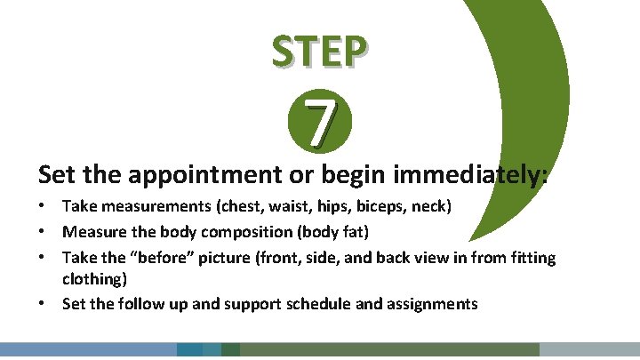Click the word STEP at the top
point(319,52)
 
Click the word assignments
point(430,304)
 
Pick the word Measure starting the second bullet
point(92,232)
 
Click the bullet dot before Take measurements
point(44,207)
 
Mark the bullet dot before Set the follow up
point(44,304)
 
